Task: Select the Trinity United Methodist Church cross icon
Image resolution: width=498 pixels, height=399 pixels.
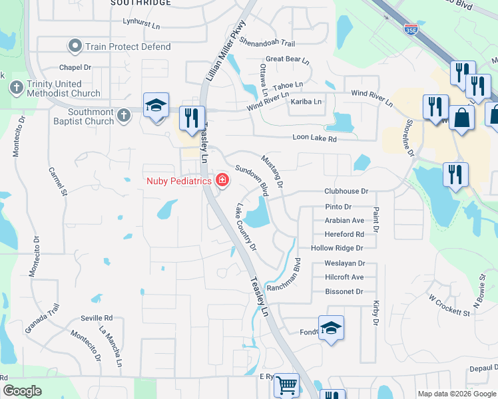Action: pyautogui.click(x=16, y=88)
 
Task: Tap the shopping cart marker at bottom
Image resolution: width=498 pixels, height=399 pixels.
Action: pyautogui.click(x=286, y=384)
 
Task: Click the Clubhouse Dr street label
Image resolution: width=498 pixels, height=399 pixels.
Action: pyautogui.click(x=346, y=191)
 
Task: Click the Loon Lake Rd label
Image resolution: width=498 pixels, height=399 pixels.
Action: pyautogui.click(x=315, y=138)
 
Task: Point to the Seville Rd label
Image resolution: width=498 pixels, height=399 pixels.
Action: pyautogui.click(x=97, y=318)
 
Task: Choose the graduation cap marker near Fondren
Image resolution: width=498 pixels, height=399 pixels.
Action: pyautogui.click(x=331, y=327)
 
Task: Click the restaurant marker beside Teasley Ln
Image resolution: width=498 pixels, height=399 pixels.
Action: pyautogui.click(x=191, y=118)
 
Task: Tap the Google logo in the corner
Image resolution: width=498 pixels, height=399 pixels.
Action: pyautogui.click(x=22, y=390)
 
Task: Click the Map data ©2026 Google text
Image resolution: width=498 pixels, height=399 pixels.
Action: pyautogui.click(x=457, y=394)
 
